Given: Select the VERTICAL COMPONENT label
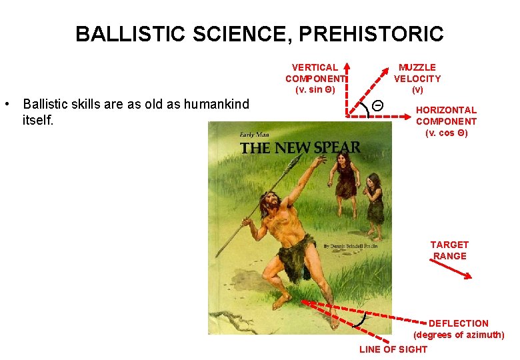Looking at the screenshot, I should (314, 79).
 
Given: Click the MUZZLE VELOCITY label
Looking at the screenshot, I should (417, 78).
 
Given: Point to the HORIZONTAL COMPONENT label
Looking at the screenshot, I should (446, 121).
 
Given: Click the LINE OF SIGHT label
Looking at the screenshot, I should (393, 349).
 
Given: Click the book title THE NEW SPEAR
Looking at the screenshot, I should (300, 147).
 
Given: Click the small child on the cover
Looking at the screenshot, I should (373, 200).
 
